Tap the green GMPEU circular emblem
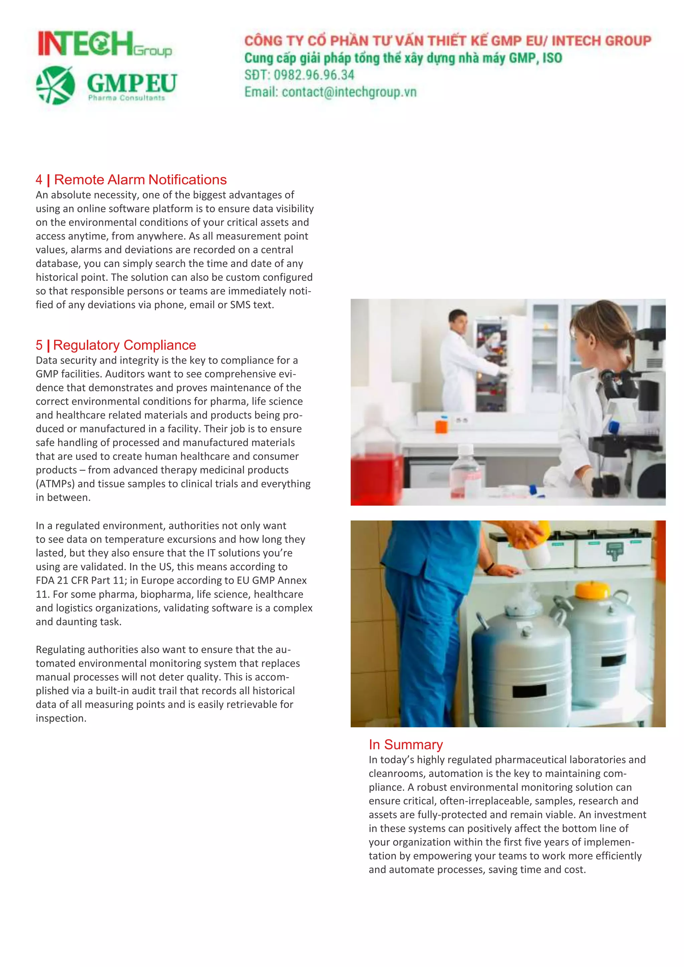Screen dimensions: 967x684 (x=55, y=85)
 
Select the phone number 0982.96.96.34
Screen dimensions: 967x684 (x=314, y=75)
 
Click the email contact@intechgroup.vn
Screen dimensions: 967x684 (x=349, y=92)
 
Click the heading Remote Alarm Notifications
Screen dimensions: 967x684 (x=140, y=180)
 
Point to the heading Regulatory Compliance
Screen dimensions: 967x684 (x=124, y=345)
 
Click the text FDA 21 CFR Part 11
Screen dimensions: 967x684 (x=80, y=580)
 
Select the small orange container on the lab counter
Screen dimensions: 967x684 (x=441, y=425)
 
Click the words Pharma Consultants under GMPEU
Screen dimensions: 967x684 (x=126, y=98)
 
